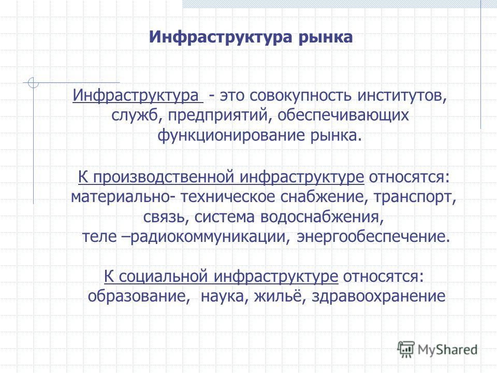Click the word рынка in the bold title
coord(326,38)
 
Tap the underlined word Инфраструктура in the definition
coord(136,95)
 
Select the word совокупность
coord(300,95)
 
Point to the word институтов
coord(402,95)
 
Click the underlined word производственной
coord(164,177)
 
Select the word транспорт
coord(415,197)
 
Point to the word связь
coord(166,217)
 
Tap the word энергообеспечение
coord(373,237)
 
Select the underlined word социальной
coord(164,276)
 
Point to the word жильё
coord(280,296)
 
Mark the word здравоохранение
coord(378,296)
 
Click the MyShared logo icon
coord(406,350)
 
